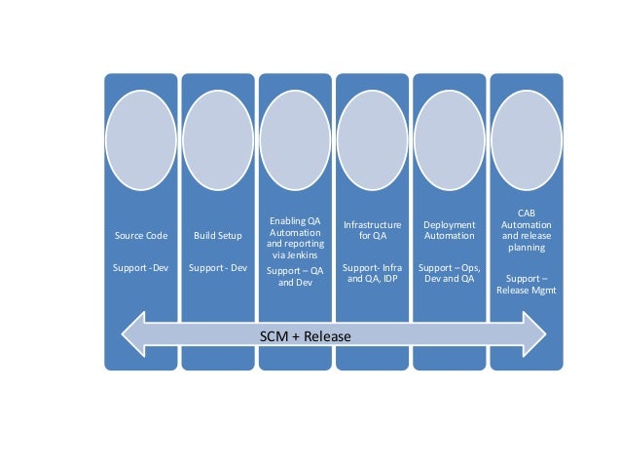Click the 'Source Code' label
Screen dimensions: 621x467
[x=141, y=236]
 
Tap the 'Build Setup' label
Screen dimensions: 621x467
[x=218, y=236]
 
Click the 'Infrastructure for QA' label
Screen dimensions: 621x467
[x=372, y=230]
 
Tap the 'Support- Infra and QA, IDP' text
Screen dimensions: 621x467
[x=372, y=272]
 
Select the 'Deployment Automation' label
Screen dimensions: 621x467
[x=449, y=230]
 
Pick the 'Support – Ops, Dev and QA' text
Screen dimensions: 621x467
[x=449, y=272]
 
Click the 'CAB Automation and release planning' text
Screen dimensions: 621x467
[x=526, y=229]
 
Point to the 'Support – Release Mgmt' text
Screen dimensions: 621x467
[x=526, y=284]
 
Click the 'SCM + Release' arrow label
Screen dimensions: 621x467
[x=306, y=335]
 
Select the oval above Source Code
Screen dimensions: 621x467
[x=141, y=140]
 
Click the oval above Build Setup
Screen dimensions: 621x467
[x=218, y=140]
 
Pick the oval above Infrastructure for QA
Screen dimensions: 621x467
[x=372, y=140]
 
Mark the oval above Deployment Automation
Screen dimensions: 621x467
[x=449, y=140]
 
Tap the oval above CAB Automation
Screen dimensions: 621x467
[x=526, y=140]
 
